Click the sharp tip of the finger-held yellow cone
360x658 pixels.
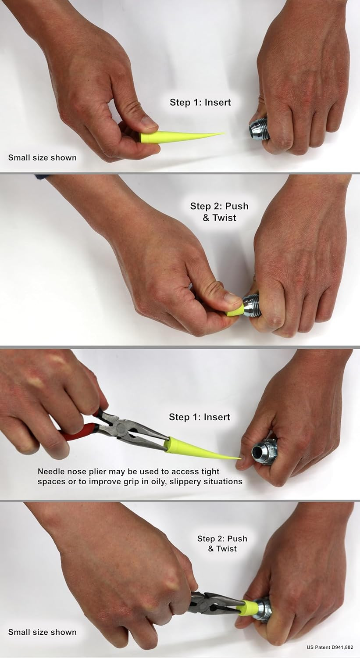[x=225, y=133]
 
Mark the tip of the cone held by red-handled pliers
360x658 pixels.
[x=240, y=458]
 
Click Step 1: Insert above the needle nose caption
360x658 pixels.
[x=200, y=417]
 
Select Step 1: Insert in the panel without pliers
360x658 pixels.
[x=200, y=102]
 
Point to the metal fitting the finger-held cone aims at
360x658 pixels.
[x=259, y=129]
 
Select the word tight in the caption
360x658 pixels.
[x=210, y=472]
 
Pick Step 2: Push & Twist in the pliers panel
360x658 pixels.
[x=222, y=544]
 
